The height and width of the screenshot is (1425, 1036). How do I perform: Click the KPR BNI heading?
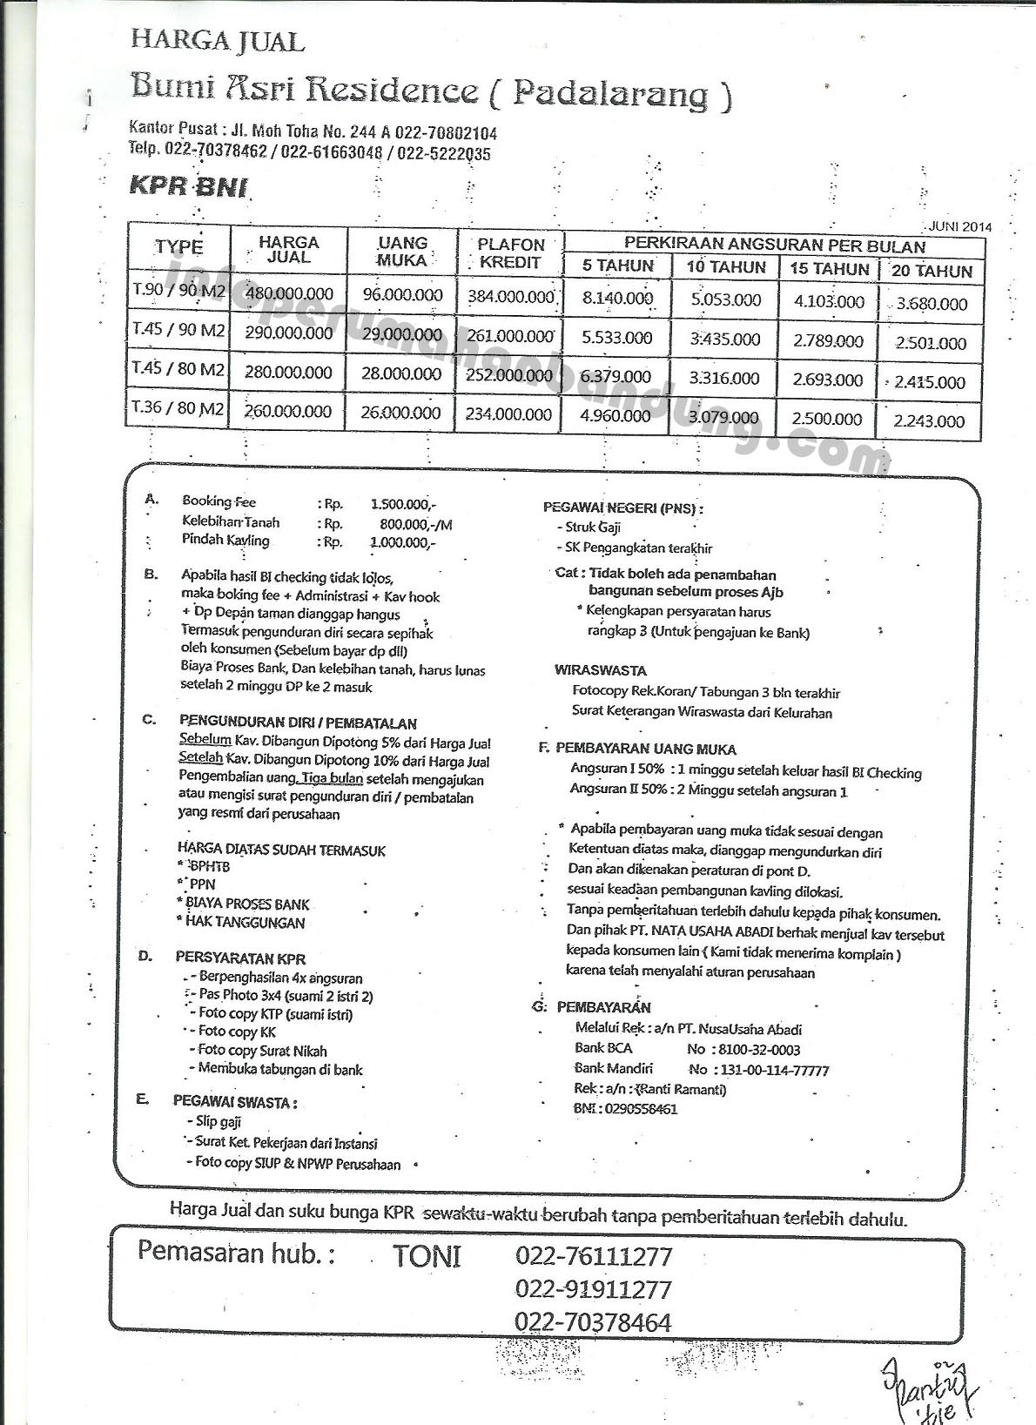pos(188,187)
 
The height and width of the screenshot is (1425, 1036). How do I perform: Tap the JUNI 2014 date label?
pos(959,226)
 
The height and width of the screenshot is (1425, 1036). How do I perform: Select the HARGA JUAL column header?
pos(288,250)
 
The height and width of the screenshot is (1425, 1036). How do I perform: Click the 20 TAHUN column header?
pos(931,271)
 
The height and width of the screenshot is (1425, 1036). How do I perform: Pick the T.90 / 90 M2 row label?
pos(178,291)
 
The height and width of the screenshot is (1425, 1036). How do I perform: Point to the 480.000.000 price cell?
pos(289,293)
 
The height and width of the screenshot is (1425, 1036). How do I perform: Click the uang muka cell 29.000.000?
pos(402,333)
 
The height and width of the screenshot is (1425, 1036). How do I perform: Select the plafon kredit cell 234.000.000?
pos(508,414)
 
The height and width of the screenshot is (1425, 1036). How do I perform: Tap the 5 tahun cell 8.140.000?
pos(617,298)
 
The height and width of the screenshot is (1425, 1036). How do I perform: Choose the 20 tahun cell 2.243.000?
pos(929,421)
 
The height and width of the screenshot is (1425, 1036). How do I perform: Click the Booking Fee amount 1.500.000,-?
pos(403,504)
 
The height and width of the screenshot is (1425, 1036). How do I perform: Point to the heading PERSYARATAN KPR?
pos(240,958)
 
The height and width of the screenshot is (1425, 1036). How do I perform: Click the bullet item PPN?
pos(201,884)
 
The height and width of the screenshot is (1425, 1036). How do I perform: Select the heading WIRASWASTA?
pos(600,670)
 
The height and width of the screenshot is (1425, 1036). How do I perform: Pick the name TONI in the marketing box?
pos(427,1256)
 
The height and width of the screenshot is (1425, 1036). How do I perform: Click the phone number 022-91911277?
pos(593,1289)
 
